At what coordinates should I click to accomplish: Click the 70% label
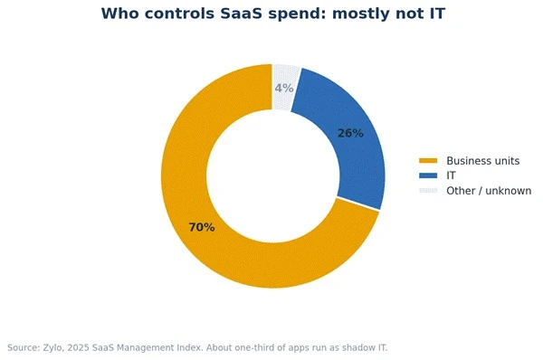tap(202, 227)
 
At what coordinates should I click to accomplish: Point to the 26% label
tap(350, 133)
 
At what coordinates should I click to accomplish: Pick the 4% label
tap(284, 89)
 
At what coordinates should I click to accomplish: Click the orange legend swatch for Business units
tap(428, 161)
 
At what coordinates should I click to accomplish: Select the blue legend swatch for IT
tap(428, 175)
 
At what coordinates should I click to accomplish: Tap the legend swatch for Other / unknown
tap(428, 191)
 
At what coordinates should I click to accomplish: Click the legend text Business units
tap(482, 161)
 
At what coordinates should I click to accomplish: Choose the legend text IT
tap(451, 175)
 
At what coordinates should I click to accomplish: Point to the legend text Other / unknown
tap(489, 191)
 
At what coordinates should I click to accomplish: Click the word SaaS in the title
tap(241, 14)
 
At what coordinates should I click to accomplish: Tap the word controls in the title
tap(179, 14)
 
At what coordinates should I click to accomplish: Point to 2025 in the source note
tap(78, 347)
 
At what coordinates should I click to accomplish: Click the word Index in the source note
tap(192, 347)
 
